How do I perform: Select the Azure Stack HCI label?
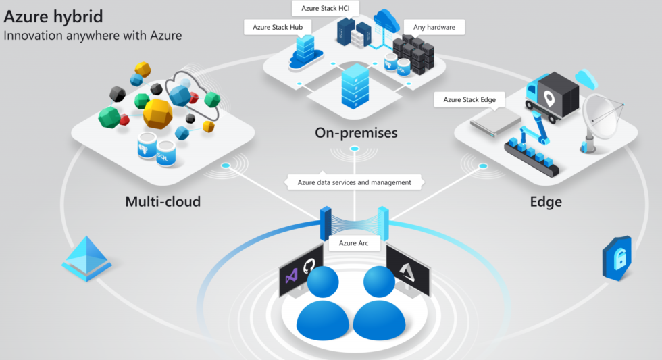pos(326,8)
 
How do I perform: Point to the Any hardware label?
pos(434,28)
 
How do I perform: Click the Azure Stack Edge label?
pos(469,99)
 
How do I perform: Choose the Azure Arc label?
pos(354,242)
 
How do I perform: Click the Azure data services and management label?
pos(355,182)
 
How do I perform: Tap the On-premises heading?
pos(356,133)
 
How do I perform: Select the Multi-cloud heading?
pos(163,201)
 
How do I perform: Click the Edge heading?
pos(546,201)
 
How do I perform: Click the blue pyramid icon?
pos(86,258)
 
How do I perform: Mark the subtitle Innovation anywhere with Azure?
pos(93,35)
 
